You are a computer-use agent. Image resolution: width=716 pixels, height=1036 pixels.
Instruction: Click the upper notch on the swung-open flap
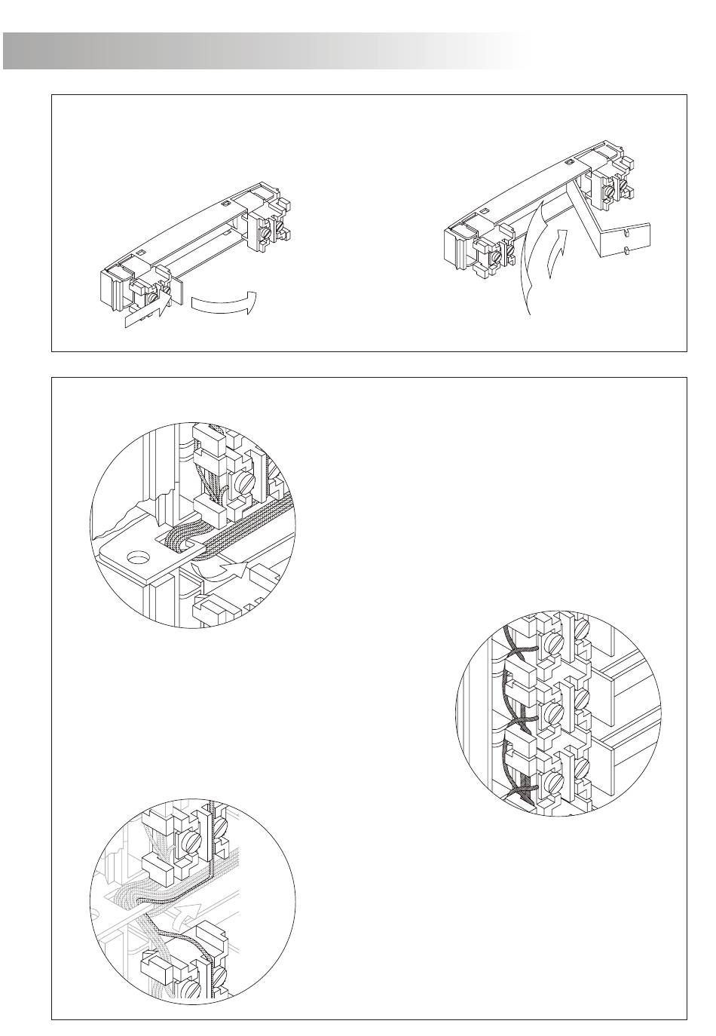click(x=627, y=232)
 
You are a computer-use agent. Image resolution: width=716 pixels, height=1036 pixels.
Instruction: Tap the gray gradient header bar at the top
click(x=264, y=51)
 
